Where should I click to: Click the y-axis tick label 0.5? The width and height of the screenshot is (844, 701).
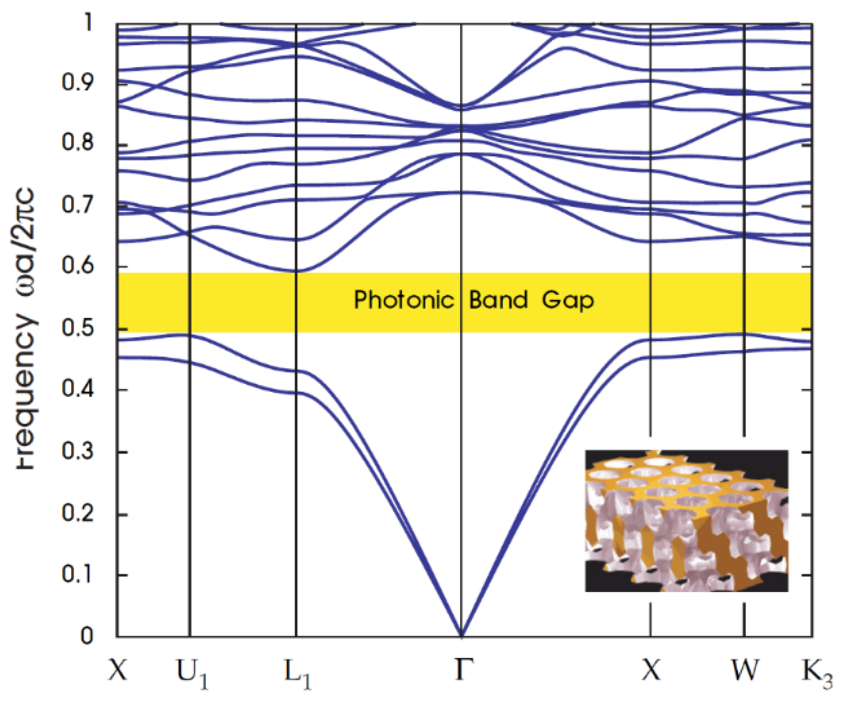[77, 328]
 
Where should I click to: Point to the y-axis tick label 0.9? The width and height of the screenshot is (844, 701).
[77, 83]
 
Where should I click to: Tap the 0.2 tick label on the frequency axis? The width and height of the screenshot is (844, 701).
[77, 513]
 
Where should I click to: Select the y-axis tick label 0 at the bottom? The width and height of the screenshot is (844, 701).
[86, 635]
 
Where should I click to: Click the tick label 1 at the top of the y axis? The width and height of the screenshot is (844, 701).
[87, 22]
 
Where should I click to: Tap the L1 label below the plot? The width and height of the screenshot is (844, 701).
[297, 673]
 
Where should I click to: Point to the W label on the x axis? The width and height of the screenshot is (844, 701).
[744, 670]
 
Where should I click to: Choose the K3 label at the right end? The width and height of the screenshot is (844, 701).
[817, 673]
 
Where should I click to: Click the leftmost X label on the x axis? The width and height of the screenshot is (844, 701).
[117, 670]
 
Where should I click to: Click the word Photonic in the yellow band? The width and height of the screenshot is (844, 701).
[403, 300]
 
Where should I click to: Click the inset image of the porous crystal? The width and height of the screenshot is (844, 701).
[686, 520]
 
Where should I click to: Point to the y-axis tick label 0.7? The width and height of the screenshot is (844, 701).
[77, 205]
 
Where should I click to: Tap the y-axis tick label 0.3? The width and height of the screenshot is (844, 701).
[77, 451]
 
